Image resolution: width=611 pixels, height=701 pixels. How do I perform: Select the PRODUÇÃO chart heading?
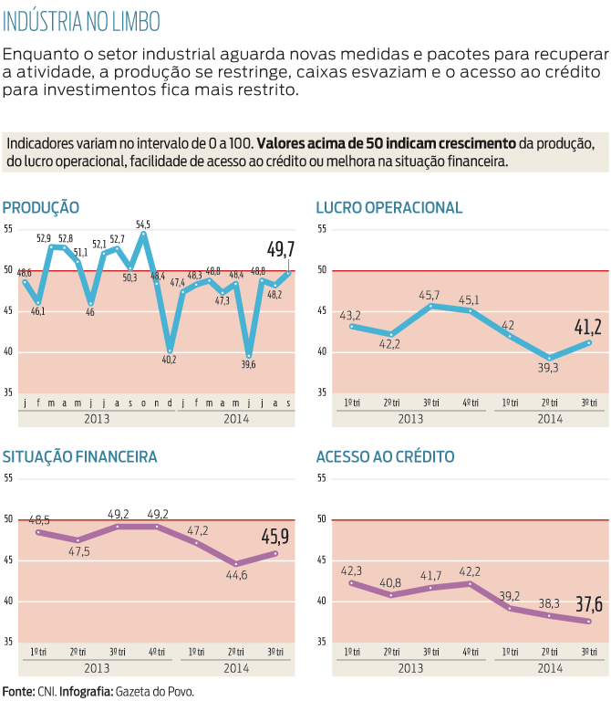coord(41,207)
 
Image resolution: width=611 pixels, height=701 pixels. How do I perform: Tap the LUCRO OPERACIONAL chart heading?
coord(389,207)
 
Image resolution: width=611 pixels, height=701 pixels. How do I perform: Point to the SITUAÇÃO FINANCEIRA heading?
coord(80,456)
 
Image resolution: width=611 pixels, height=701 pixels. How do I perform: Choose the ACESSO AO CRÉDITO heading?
coord(385,456)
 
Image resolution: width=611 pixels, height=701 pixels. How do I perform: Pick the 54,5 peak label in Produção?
coord(143,224)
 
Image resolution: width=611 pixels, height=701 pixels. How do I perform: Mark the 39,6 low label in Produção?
coord(248,364)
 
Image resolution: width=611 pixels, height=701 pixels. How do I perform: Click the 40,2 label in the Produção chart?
coord(170,360)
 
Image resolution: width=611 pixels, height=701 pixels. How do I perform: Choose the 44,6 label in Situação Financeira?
coord(236,574)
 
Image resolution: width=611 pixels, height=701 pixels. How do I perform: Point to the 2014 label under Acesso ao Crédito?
coord(549,668)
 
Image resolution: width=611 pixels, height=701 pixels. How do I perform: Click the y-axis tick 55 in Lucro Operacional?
coord(321,229)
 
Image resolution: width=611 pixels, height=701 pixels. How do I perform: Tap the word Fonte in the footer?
coord(17,691)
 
